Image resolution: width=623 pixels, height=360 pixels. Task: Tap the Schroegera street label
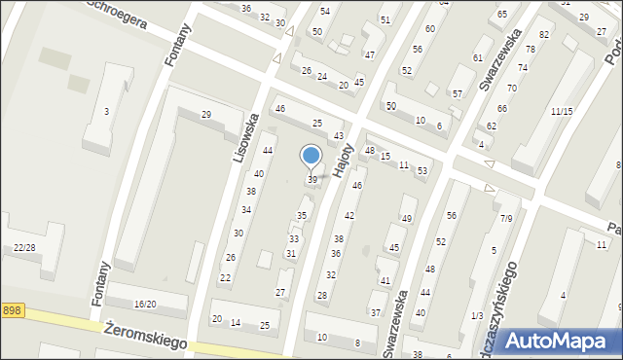coord(117,14)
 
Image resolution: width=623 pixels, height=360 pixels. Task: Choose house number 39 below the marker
coord(312,180)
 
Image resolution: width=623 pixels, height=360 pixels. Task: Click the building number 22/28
coord(24,248)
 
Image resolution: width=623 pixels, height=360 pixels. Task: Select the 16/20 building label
coord(145,305)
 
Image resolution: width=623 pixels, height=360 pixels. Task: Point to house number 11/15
coord(561,112)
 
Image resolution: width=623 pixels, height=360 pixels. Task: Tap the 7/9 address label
coord(506,218)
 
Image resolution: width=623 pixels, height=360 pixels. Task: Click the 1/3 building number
coord(476,315)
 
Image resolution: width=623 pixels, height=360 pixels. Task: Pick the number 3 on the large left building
coord(106,112)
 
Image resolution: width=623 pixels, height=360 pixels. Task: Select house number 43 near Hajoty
coord(339,135)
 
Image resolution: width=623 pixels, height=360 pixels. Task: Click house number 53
coord(421,171)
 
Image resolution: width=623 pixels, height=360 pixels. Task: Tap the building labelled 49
coord(407,219)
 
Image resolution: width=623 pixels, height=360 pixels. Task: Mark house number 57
coord(457,94)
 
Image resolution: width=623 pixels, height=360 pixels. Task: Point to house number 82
coord(544,35)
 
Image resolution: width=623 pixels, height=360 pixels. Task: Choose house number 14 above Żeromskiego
coord(235,322)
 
